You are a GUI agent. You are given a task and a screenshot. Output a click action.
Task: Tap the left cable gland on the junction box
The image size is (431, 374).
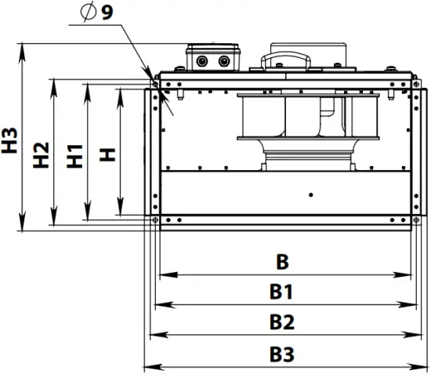point(204,60)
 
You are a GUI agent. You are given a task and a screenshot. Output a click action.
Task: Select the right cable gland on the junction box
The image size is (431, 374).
point(223,60)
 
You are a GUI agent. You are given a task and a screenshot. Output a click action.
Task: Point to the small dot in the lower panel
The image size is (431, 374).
point(311,194)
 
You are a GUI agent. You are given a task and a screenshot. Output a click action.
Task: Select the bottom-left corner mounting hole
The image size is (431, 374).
point(156,220)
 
